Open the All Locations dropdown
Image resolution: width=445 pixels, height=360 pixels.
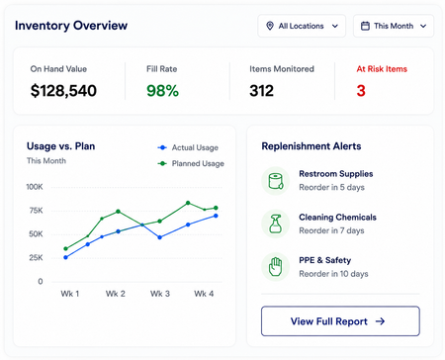(x=302, y=26)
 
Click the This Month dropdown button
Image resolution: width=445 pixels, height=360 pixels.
(x=394, y=26)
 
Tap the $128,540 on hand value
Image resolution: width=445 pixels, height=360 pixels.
(x=63, y=91)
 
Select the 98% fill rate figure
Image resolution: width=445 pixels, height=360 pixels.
(x=162, y=91)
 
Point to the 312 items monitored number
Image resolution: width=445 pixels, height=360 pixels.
(x=261, y=91)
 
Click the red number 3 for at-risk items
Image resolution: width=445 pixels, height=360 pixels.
(x=361, y=91)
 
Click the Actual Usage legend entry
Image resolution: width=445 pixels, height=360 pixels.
(x=188, y=147)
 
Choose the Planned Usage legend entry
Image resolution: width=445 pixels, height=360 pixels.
(x=191, y=163)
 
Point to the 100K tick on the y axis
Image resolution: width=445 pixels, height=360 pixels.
(x=35, y=187)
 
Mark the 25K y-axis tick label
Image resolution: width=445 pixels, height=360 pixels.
(x=36, y=257)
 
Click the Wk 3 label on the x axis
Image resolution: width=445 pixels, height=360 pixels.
(x=160, y=294)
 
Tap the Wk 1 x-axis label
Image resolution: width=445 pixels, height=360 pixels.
(x=70, y=294)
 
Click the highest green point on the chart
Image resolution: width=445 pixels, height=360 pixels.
(x=188, y=203)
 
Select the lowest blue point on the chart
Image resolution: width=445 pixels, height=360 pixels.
(x=66, y=257)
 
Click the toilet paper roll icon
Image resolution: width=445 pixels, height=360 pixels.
(x=276, y=181)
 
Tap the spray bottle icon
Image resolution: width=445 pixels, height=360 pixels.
(x=275, y=224)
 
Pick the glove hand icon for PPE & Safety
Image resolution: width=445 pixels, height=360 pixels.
(x=275, y=267)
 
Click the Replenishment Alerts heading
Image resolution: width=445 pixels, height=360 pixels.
(x=311, y=146)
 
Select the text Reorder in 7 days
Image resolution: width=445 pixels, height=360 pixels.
(x=331, y=230)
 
